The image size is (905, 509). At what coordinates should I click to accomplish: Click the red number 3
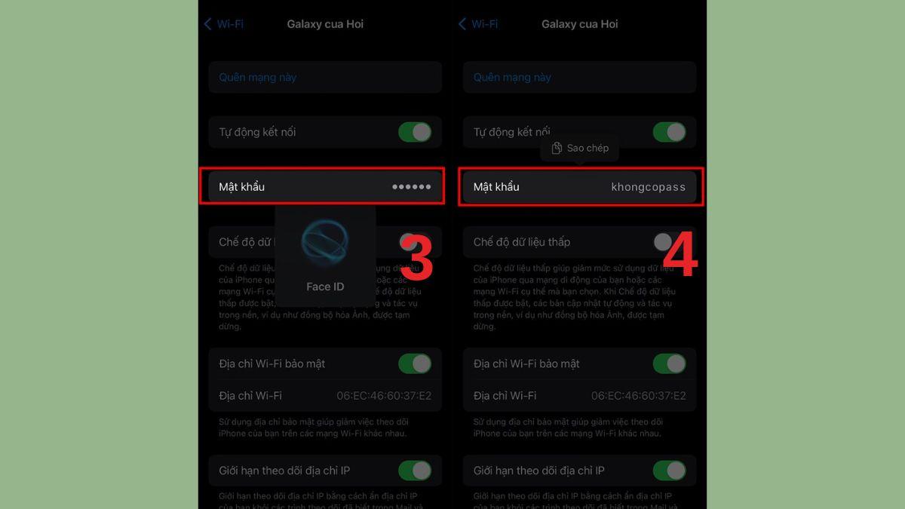416,259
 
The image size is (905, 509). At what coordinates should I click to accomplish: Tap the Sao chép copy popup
579,149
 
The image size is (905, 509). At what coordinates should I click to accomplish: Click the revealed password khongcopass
648,187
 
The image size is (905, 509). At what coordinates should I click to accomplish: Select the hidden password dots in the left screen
411,187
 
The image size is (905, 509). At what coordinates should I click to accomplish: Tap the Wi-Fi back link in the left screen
224,24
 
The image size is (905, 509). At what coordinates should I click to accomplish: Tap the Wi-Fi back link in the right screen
479,24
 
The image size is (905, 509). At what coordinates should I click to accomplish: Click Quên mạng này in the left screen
257,78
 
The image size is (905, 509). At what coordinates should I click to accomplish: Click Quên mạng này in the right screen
512,78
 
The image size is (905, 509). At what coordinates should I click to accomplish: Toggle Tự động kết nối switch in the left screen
415,132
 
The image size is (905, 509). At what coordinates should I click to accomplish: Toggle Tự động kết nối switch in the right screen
670,132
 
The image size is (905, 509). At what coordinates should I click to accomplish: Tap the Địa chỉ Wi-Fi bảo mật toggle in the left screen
415,363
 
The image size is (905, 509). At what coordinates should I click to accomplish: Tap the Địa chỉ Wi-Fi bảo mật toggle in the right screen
670,363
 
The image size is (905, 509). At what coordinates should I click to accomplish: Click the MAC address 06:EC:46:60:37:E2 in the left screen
384,396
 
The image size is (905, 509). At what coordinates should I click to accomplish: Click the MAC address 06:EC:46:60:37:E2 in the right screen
639,396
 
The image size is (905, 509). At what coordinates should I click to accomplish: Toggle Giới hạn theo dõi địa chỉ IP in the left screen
415,471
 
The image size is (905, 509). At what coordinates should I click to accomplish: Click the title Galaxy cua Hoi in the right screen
579,24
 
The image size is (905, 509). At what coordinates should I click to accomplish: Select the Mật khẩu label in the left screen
241,187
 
